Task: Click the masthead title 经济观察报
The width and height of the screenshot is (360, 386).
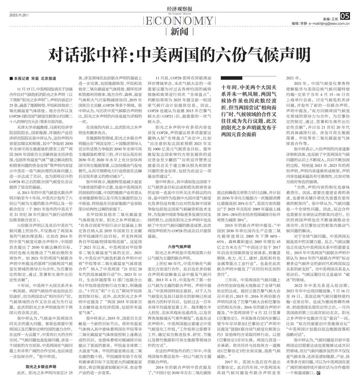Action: pyautogui.click(x=180, y=9)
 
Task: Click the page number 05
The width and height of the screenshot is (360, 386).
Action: pyautogui.click(x=345, y=15)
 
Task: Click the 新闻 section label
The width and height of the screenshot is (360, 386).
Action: pyautogui.click(x=179, y=32)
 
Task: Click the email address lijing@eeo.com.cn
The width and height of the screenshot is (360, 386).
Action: pyautogui.click(x=329, y=24)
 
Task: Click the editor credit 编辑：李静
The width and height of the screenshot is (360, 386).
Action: pyautogui.click(x=299, y=24)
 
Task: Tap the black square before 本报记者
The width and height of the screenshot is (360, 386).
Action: pyautogui.click(x=11, y=78)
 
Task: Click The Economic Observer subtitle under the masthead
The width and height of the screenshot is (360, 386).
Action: pyautogui.click(x=180, y=13)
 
